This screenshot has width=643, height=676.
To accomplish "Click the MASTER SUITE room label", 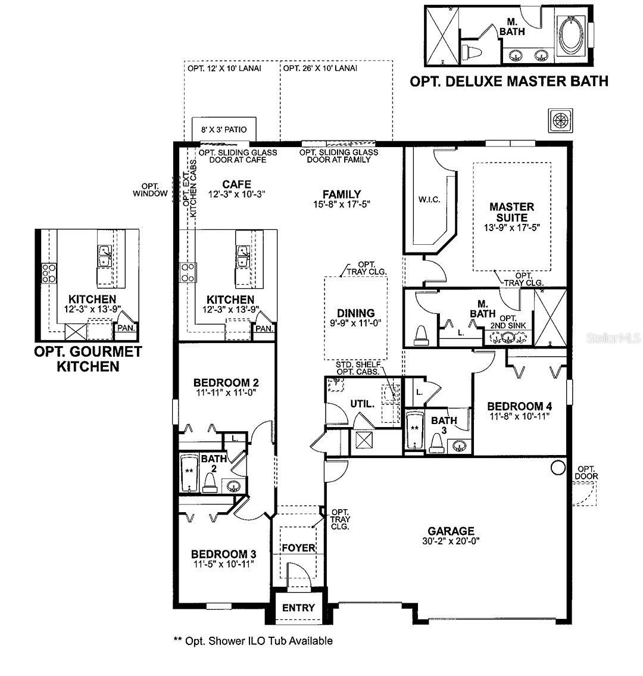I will tap(511, 212).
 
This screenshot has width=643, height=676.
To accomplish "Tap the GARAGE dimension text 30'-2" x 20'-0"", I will tap(451, 541).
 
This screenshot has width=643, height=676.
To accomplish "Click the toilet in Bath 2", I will tap(210, 482).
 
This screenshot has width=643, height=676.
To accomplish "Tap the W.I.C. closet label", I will tap(429, 200).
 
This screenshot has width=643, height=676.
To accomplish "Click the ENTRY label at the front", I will tap(298, 608).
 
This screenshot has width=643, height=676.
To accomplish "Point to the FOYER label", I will tap(298, 547).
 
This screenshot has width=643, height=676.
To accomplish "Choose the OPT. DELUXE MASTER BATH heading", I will tap(509, 81).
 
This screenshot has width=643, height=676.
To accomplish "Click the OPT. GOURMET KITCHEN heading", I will tap(88, 359).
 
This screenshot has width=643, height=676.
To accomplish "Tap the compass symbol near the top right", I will tap(560, 120).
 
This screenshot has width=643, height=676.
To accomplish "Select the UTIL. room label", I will tap(362, 404).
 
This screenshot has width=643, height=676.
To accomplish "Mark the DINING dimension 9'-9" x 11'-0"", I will tap(356, 323).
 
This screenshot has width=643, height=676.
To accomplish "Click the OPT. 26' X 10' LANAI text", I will tap(320, 68).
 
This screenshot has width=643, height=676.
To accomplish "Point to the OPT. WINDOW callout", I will tap(150, 189).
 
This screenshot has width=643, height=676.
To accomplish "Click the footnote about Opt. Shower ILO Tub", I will tap(253, 641).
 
